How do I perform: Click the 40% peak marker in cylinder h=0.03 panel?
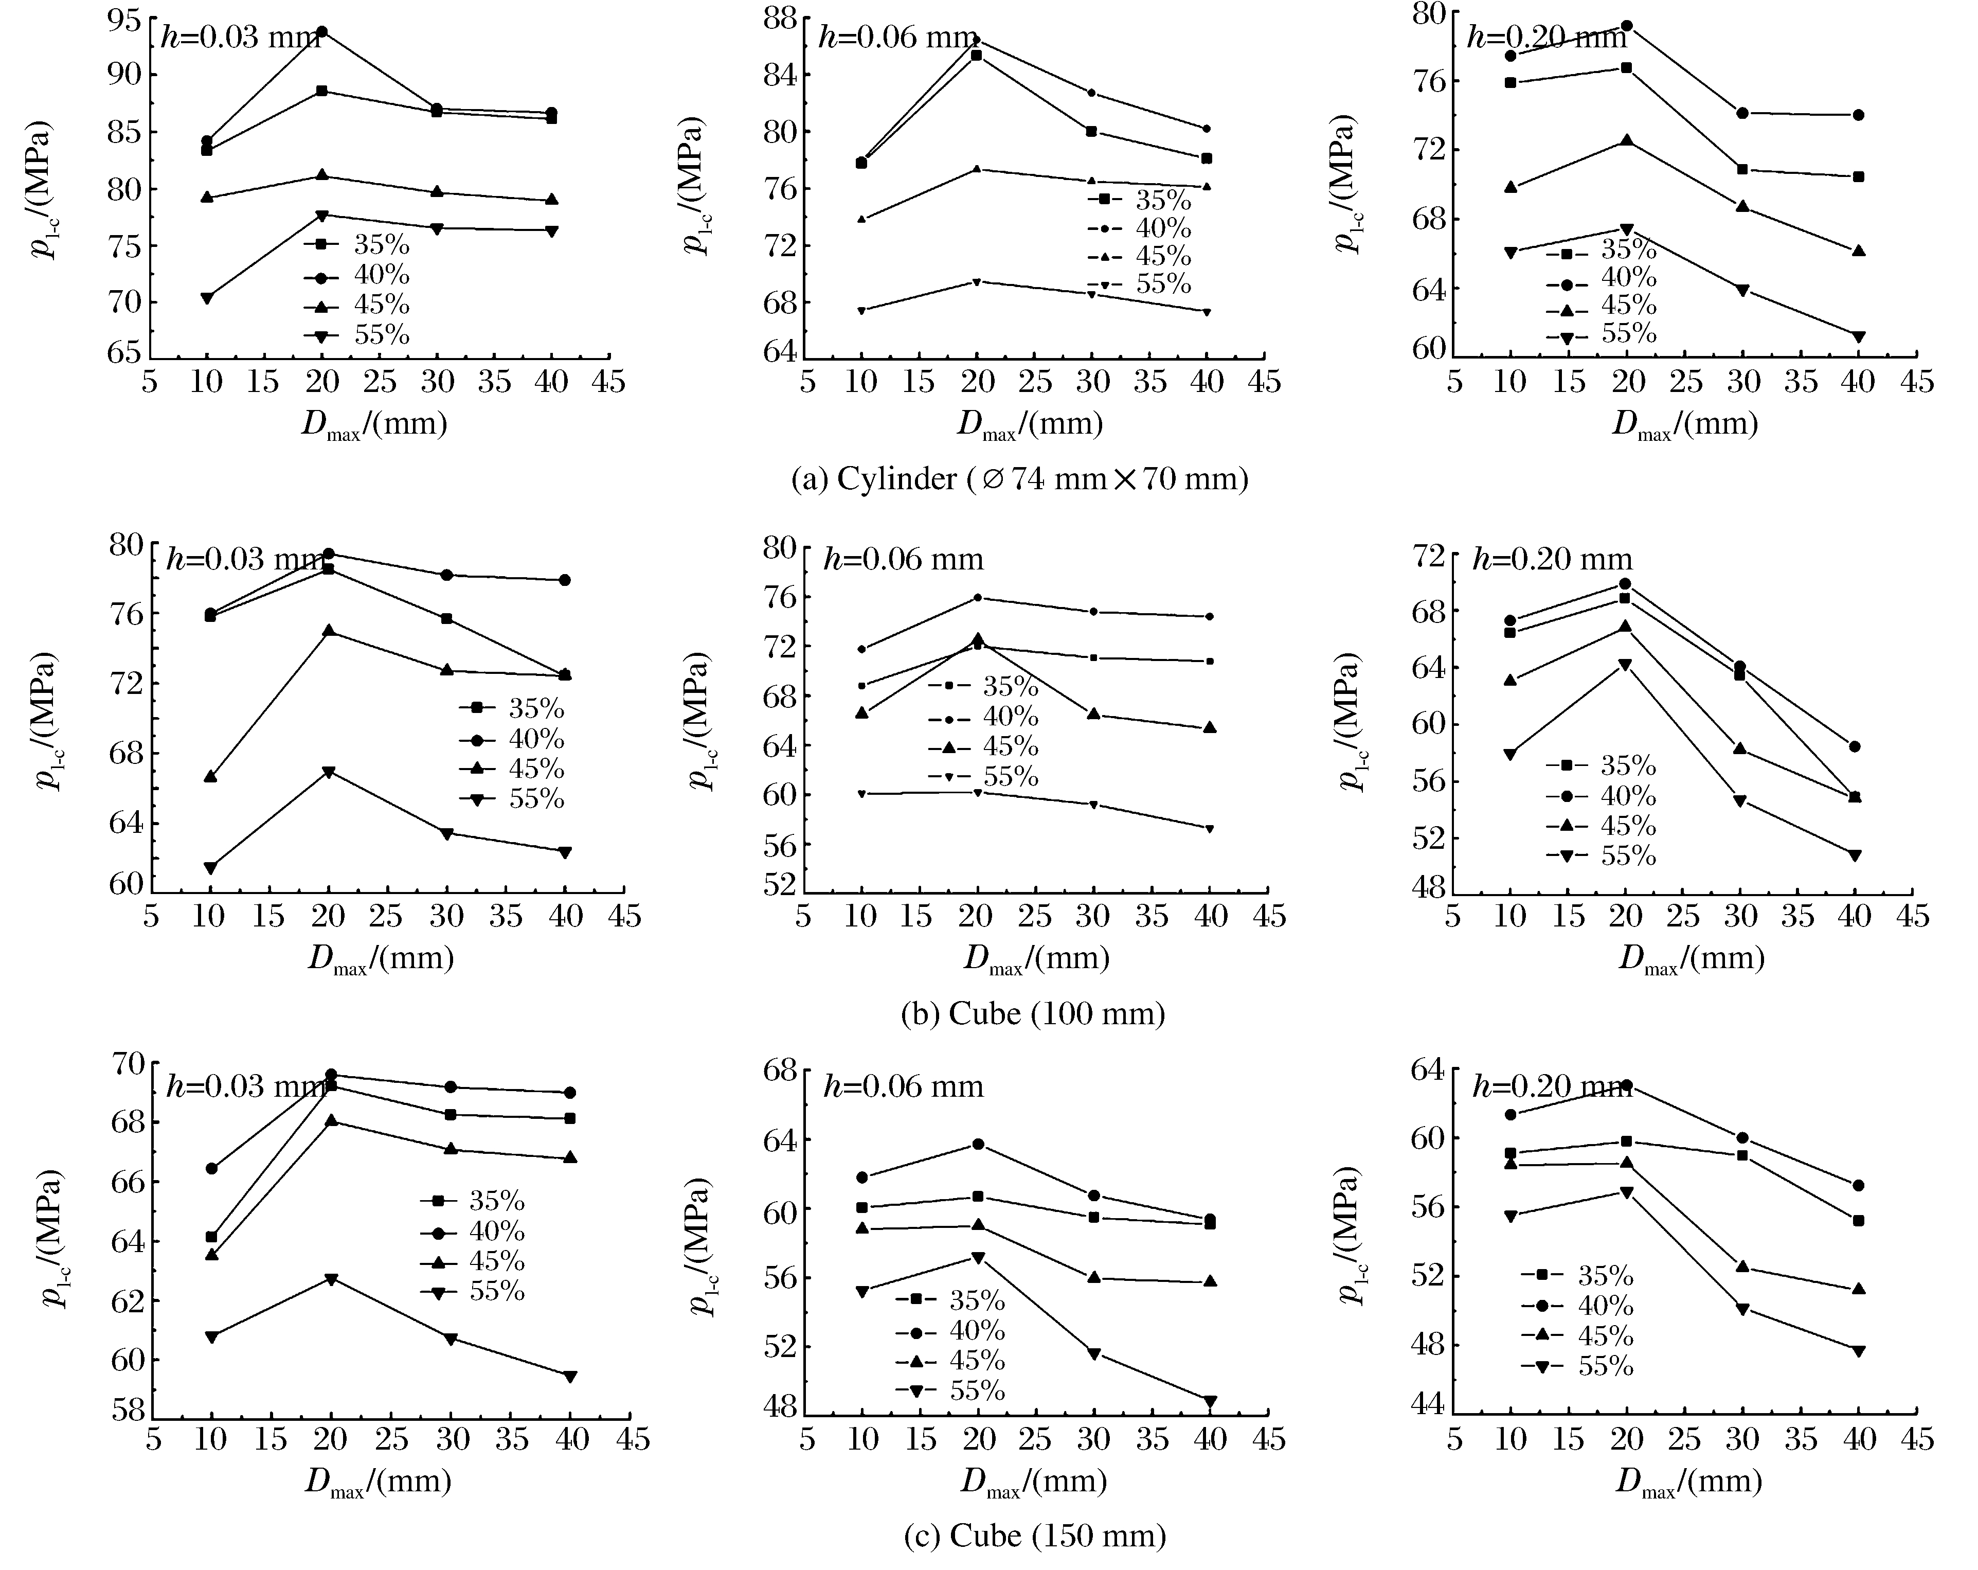[322, 32]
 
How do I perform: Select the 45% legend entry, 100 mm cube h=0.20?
[1601, 825]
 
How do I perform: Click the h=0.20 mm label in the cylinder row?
[1534, 38]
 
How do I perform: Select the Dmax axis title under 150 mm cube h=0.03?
[378, 1484]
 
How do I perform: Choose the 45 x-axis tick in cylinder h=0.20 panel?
[1916, 382]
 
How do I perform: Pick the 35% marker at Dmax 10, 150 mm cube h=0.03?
[212, 1237]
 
